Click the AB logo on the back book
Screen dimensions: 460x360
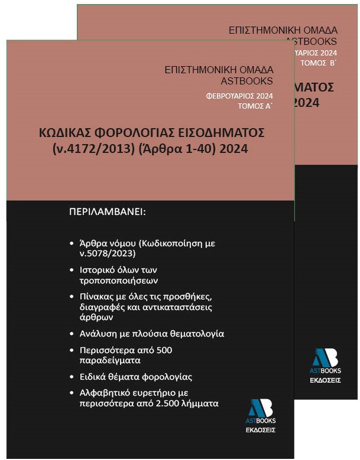[x=325, y=358]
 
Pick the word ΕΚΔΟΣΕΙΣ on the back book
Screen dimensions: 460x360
[x=326, y=380]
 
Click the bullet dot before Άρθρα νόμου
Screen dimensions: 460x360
[x=72, y=243]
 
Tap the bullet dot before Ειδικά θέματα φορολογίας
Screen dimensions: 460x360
[x=72, y=377]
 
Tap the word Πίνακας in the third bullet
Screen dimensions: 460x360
[x=97, y=296]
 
